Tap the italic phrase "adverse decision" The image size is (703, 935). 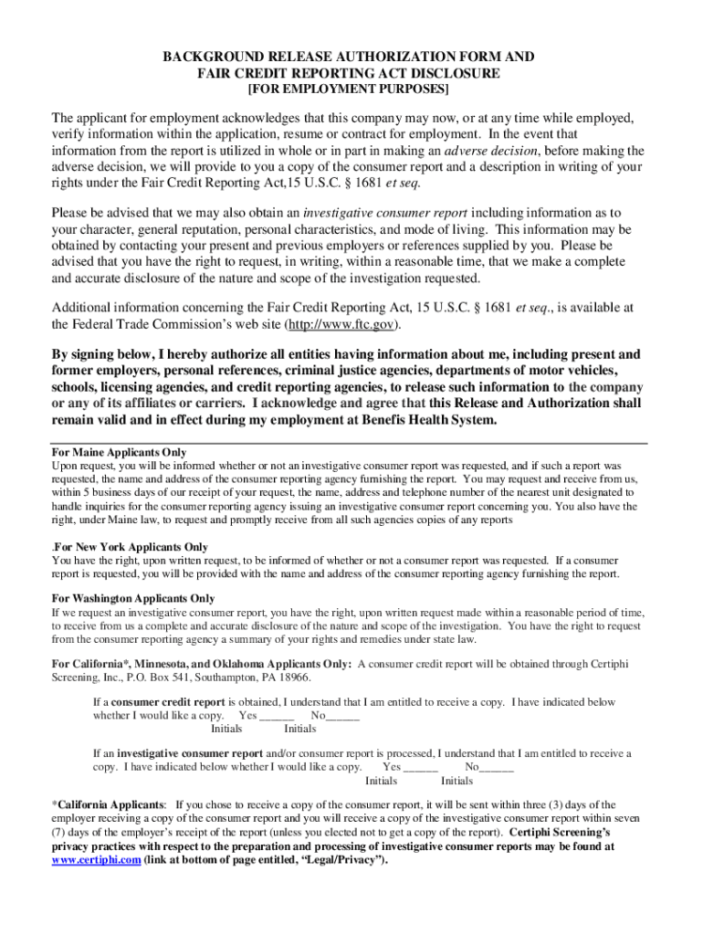[490, 151]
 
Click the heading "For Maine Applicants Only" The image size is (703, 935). [120, 452]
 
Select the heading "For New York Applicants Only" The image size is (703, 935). [132, 547]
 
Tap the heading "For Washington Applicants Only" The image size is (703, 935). [133, 599]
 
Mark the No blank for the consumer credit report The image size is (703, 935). [342, 716]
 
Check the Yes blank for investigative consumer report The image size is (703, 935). [420, 768]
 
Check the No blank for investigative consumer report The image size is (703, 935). [497, 768]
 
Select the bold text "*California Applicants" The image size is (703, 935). [109, 805]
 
